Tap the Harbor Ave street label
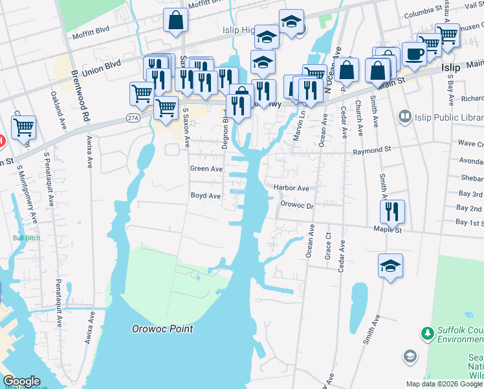pos(291,188)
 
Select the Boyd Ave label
pos(206,195)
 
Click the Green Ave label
pos(206,169)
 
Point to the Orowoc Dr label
pos(296,205)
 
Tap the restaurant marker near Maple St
pos(392,211)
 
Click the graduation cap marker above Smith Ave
pos(390,266)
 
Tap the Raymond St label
pos(372,150)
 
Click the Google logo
pos(21,381)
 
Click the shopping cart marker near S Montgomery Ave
pos(24,128)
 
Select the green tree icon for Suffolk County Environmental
pos(427,333)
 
